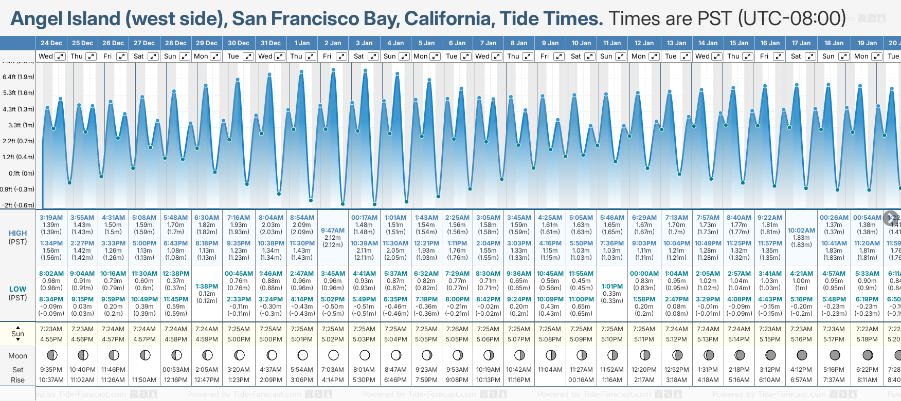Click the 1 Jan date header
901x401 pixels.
coord(302,43)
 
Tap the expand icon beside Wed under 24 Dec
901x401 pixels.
coord(60,56)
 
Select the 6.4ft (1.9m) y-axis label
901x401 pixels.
coord(19,77)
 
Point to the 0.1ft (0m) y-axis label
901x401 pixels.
coord(22,174)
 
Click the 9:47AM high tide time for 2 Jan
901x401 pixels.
coord(333,231)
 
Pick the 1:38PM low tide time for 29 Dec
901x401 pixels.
coord(207,287)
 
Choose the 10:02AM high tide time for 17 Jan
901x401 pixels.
coord(801,231)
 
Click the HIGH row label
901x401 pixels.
coord(18,233)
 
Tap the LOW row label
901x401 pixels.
coord(18,289)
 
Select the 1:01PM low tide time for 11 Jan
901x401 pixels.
coord(612,287)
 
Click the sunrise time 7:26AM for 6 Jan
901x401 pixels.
coord(457,329)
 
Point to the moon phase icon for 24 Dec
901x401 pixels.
coord(51,355)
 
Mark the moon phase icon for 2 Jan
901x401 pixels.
coord(333,355)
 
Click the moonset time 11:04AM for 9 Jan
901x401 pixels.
coord(550,370)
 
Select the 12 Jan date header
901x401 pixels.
coord(644,43)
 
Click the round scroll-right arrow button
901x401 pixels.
coord(891,217)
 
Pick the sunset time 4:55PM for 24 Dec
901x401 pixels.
coord(51,339)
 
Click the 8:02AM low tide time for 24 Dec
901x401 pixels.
coord(51,274)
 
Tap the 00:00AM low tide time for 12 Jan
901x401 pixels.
coord(644,274)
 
